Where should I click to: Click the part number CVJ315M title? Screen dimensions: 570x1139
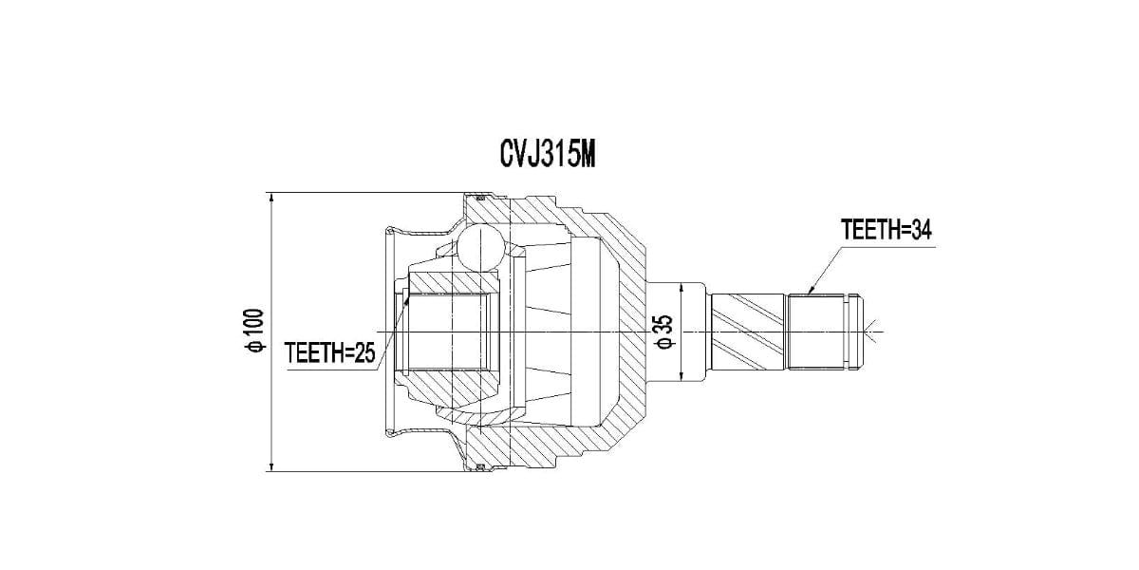click(547, 154)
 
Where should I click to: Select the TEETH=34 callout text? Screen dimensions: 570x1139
click(884, 230)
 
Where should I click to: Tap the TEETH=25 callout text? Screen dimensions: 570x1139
click(330, 353)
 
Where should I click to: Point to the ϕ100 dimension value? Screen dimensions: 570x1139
click(253, 332)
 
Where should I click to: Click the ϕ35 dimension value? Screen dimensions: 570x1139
click(665, 332)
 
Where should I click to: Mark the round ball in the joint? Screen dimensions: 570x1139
click(478, 249)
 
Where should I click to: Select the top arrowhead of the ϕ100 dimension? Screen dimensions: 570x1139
click(271, 199)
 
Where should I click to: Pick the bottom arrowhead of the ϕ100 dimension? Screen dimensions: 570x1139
click(271, 465)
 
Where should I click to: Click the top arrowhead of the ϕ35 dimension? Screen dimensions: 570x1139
click(682, 286)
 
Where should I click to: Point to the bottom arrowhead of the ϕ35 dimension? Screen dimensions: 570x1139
click(682, 377)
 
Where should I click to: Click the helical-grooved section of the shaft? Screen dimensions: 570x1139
click(748, 331)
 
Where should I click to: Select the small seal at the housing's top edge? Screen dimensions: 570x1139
click(479, 198)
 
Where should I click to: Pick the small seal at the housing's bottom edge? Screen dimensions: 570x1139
click(479, 465)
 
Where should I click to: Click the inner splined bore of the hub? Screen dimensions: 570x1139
click(451, 331)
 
